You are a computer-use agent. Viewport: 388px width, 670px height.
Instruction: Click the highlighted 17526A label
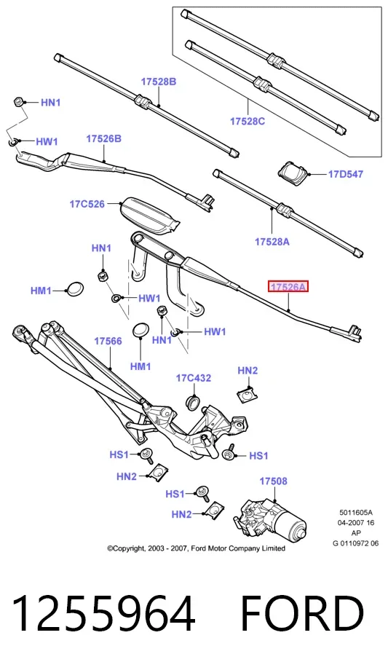pos(288,287)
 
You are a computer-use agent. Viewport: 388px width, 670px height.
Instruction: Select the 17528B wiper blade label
pos(159,82)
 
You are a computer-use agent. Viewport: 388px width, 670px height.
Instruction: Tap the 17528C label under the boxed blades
pos(248,122)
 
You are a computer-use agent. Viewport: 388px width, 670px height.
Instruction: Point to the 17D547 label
pos(345,174)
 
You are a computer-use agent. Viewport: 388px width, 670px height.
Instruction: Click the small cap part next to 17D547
pos(293,173)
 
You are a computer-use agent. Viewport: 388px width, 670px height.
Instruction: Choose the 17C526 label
pos(87,204)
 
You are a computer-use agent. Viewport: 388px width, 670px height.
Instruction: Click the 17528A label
pos(272,242)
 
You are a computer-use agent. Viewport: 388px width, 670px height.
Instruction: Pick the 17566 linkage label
pos(108,342)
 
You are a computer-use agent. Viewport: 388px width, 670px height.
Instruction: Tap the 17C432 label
pos(194,378)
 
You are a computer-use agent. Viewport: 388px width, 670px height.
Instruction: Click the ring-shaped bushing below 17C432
pos(194,402)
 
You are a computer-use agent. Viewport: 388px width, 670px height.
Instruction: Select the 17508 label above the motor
pos(274,481)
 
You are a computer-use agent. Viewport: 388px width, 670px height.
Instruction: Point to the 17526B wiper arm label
pos(104,139)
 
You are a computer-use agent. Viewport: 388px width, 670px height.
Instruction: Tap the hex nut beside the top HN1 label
pos(17,102)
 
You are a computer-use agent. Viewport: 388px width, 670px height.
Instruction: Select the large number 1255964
pos(103,614)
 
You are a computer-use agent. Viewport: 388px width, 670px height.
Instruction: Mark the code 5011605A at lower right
pos(356,512)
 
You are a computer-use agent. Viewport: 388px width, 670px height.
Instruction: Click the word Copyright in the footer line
pos(128,548)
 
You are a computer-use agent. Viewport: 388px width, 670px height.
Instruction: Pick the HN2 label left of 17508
pos(181,514)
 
